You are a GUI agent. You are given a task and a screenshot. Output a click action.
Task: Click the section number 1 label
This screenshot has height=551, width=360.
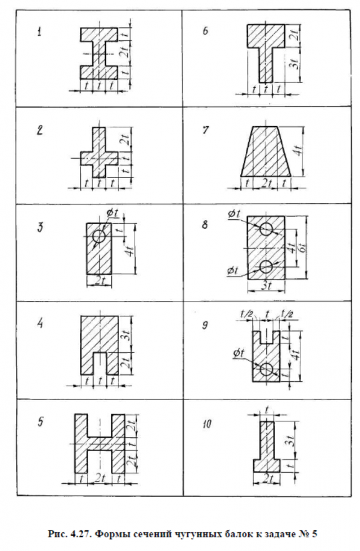click(x=39, y=34)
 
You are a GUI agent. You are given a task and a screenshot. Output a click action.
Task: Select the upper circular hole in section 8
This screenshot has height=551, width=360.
click(x=267, y=229)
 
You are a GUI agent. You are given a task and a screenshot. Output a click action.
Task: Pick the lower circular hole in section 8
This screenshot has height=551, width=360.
click(x=267, y=267)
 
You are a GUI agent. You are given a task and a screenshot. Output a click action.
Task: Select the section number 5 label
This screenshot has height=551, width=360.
click(x=40, y=423)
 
